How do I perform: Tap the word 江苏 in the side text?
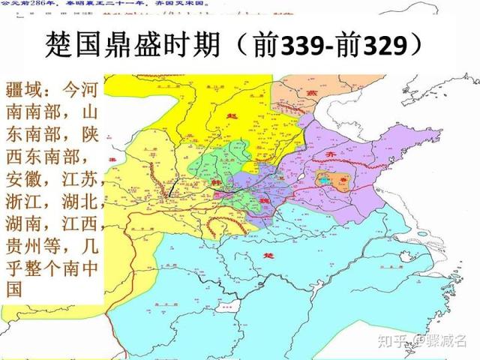pos(76,185)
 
